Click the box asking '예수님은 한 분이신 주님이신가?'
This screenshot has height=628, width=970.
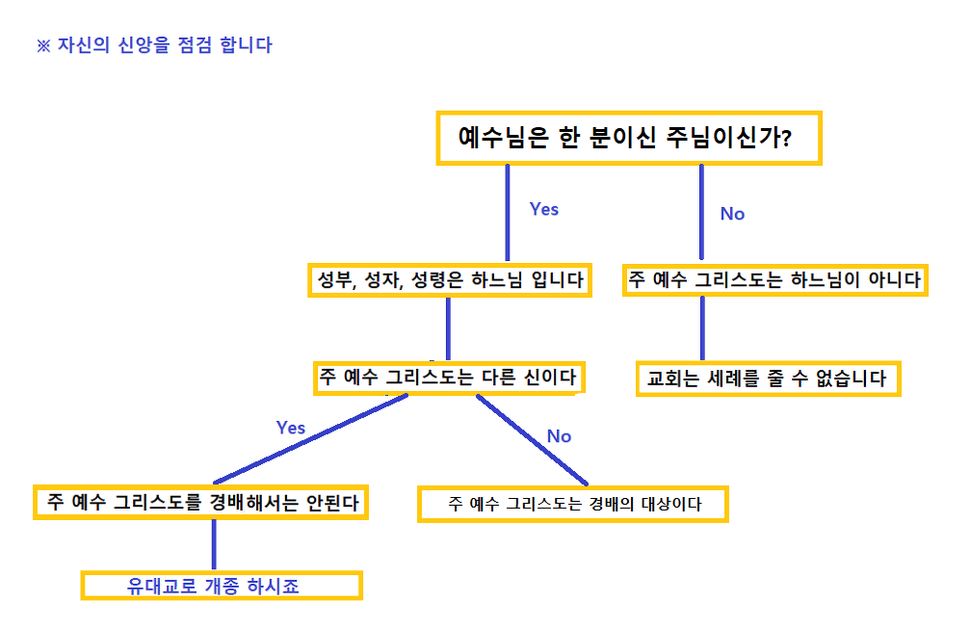click(x=628, y=138)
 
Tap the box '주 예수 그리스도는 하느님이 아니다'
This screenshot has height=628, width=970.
click(x=774, y=280)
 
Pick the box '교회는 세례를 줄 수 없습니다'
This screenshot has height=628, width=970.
click(x=768, y=379)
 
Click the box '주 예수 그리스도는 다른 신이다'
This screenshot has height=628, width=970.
click(x=448, y=378)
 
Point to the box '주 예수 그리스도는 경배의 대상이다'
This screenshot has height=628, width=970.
click(x=573, y=503)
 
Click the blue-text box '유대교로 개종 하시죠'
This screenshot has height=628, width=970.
click(x=221, y=586)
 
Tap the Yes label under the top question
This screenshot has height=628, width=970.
click(x=544, y=209)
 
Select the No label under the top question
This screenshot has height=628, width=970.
click(x=732, y=214)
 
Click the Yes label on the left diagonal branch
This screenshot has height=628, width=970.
click(x=291, y=428)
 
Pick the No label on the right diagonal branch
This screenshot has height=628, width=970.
click(x=559, y=436)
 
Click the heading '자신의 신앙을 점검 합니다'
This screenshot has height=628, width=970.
click(x=164, y=45)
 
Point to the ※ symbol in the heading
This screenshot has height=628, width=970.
click(x=42, y=46)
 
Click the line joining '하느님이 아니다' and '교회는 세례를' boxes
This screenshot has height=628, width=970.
click(x=702, y=327)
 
